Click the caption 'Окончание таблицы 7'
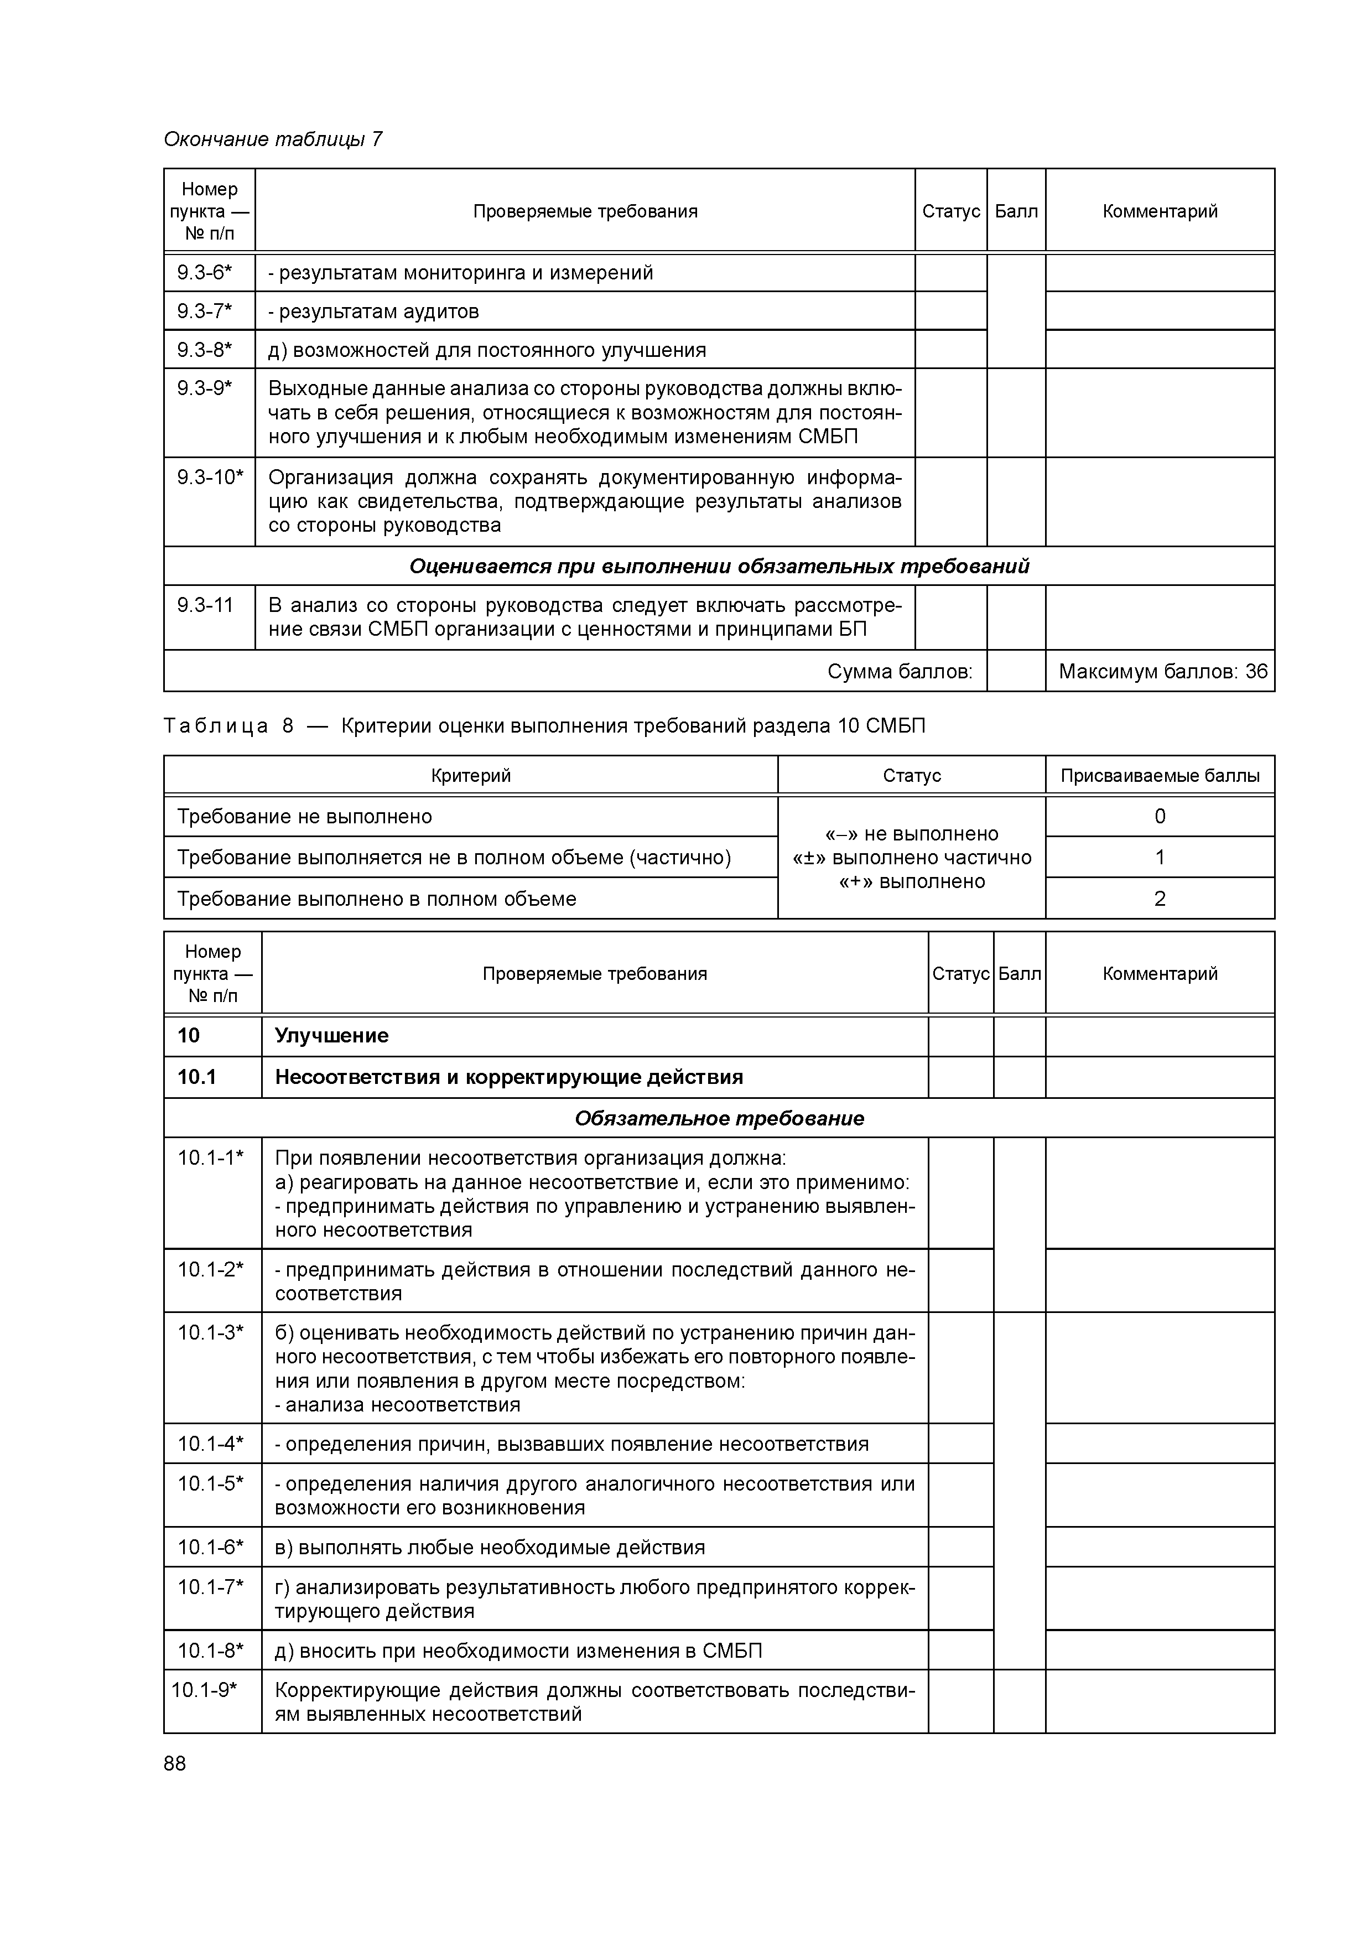272,139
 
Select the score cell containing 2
1160,899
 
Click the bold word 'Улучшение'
331,1036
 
